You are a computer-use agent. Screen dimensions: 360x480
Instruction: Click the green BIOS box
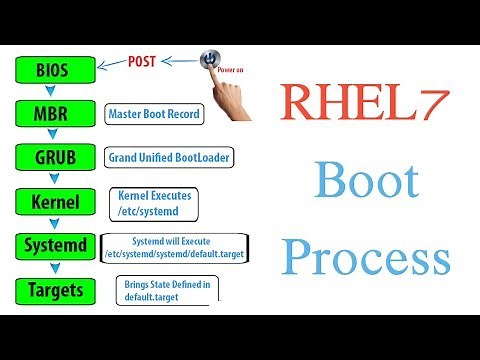[54, 69]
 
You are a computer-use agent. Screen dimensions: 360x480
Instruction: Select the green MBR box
[54, 113]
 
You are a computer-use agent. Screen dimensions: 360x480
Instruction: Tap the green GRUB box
[54, 158]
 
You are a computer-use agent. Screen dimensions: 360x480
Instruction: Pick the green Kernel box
[54, 202]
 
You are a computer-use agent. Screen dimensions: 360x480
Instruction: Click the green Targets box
[54, 291]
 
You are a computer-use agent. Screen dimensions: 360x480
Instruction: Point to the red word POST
[142, 60]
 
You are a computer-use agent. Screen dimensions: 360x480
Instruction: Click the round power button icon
[209, 59]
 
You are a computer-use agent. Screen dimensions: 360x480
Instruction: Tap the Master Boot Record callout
[154, 114]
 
